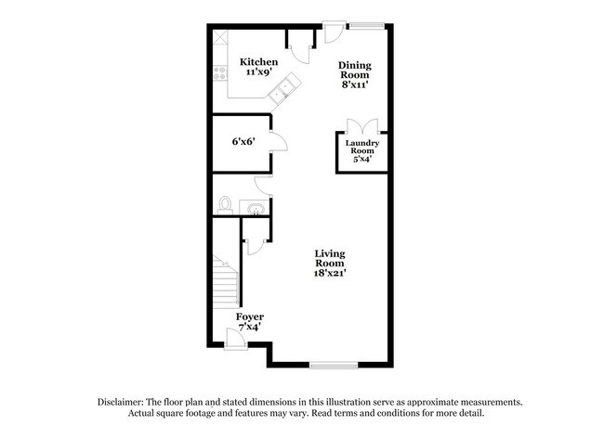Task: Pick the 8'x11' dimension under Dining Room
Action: pos(354,83)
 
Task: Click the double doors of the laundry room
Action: pos(361,127)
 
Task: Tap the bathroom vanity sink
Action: pos(253,206)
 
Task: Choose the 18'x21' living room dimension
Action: pos(330,273)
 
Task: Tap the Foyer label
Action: pos(250,316)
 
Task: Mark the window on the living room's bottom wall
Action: pos(333,363)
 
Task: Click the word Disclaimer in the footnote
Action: pos(125,402)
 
